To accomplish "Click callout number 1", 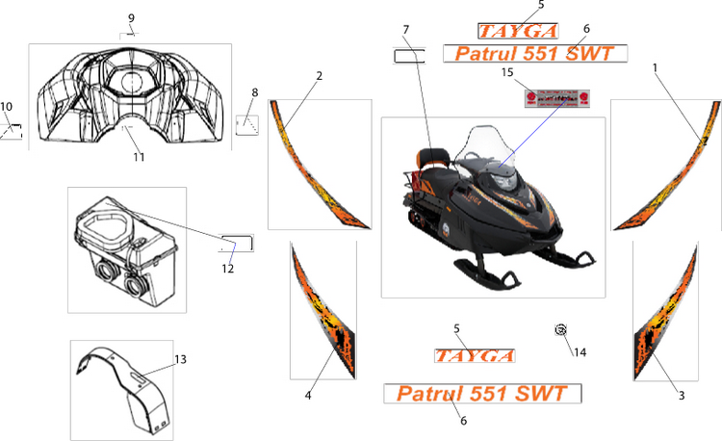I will [x=656, y=68].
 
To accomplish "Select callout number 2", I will [x=319, y=75].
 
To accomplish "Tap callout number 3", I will [x=681, y=395].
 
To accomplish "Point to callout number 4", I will [x=308, y=395].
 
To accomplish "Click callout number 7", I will [x=406, y=29].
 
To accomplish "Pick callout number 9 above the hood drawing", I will [x=131, y=18].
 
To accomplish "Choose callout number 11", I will [x=139, y=157].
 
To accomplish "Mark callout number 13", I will [x=180, y=359].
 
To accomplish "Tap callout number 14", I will [x=580, y=352].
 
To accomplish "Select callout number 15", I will [x=507, y=72].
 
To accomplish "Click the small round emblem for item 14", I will [x=559, y=330].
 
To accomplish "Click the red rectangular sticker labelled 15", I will [x=556, y=98].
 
